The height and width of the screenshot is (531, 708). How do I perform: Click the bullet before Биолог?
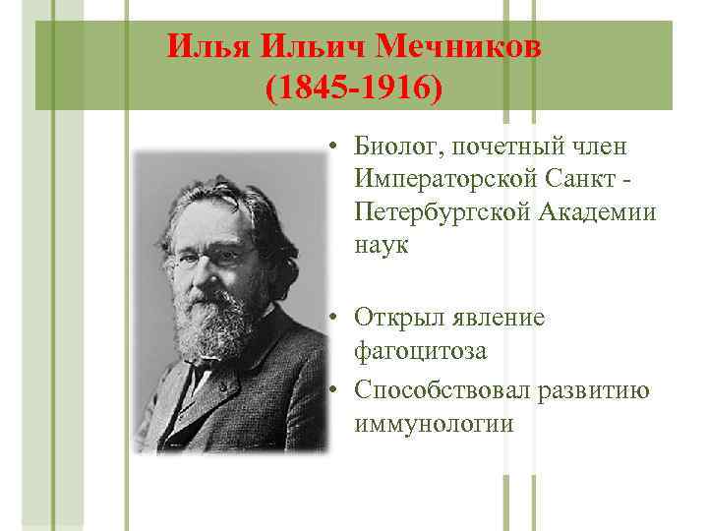335,147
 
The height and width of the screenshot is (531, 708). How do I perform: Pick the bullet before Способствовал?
335,390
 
